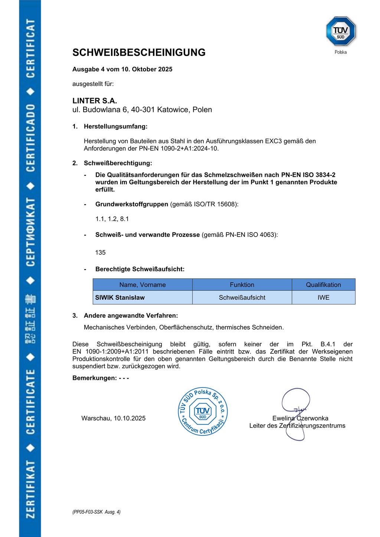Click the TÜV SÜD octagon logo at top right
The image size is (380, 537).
341,31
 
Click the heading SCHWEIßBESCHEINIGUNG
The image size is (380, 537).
139,53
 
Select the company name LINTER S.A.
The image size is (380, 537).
95,101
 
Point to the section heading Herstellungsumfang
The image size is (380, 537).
115,126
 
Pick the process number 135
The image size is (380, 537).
100,253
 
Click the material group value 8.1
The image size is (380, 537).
124,219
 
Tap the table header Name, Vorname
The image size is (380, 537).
142,285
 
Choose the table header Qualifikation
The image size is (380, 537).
323,285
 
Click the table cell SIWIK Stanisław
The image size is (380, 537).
120,297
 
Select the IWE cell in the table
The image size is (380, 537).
323,297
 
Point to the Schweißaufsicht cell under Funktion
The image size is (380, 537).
242,297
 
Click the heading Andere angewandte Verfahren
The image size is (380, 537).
131,316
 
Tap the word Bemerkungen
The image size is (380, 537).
94,378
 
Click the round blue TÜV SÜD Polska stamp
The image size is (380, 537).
203,411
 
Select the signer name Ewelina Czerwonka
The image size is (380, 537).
300,418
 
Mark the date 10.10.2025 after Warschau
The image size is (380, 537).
130,418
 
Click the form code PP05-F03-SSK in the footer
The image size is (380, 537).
88,512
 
